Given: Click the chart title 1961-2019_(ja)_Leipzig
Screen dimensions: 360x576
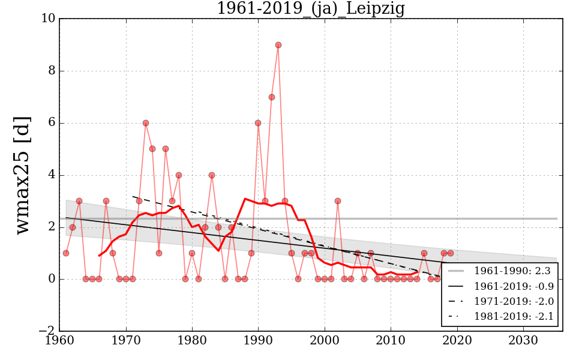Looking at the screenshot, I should pyautogui.click(x=310, y=9).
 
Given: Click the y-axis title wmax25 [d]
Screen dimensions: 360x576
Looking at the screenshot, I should pyautogui.click(x=22, y=175).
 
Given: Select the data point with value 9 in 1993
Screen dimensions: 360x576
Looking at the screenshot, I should pyautogui.click(x=278, y=45).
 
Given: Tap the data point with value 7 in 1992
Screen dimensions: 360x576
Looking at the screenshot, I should pyautogui.click(x=271, y=97).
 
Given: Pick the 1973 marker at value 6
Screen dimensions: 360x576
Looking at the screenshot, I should pyautogui.click(x=146, y=123).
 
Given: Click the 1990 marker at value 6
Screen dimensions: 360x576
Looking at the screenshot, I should pyautogui.click(x=258, y=123).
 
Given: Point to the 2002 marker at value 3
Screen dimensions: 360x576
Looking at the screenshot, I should pyautogui.click(x=338, y=201).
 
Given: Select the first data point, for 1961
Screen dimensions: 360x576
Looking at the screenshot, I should pyautogui.click(x=66, y=253).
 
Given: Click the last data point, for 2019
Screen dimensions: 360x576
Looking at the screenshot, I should pyautogui.click(x=450, y=253).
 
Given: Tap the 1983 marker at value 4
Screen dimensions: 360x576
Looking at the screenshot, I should pyautogui.click(x=212, y=175).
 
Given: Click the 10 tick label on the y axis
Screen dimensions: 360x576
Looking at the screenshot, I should pyautogui.click(x=49, y=19).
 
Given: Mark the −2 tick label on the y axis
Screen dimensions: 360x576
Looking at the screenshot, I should pyautogui.click(x=47, y=331).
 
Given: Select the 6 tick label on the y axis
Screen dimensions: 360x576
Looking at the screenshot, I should pyautogui.click(x=52, y=123).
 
